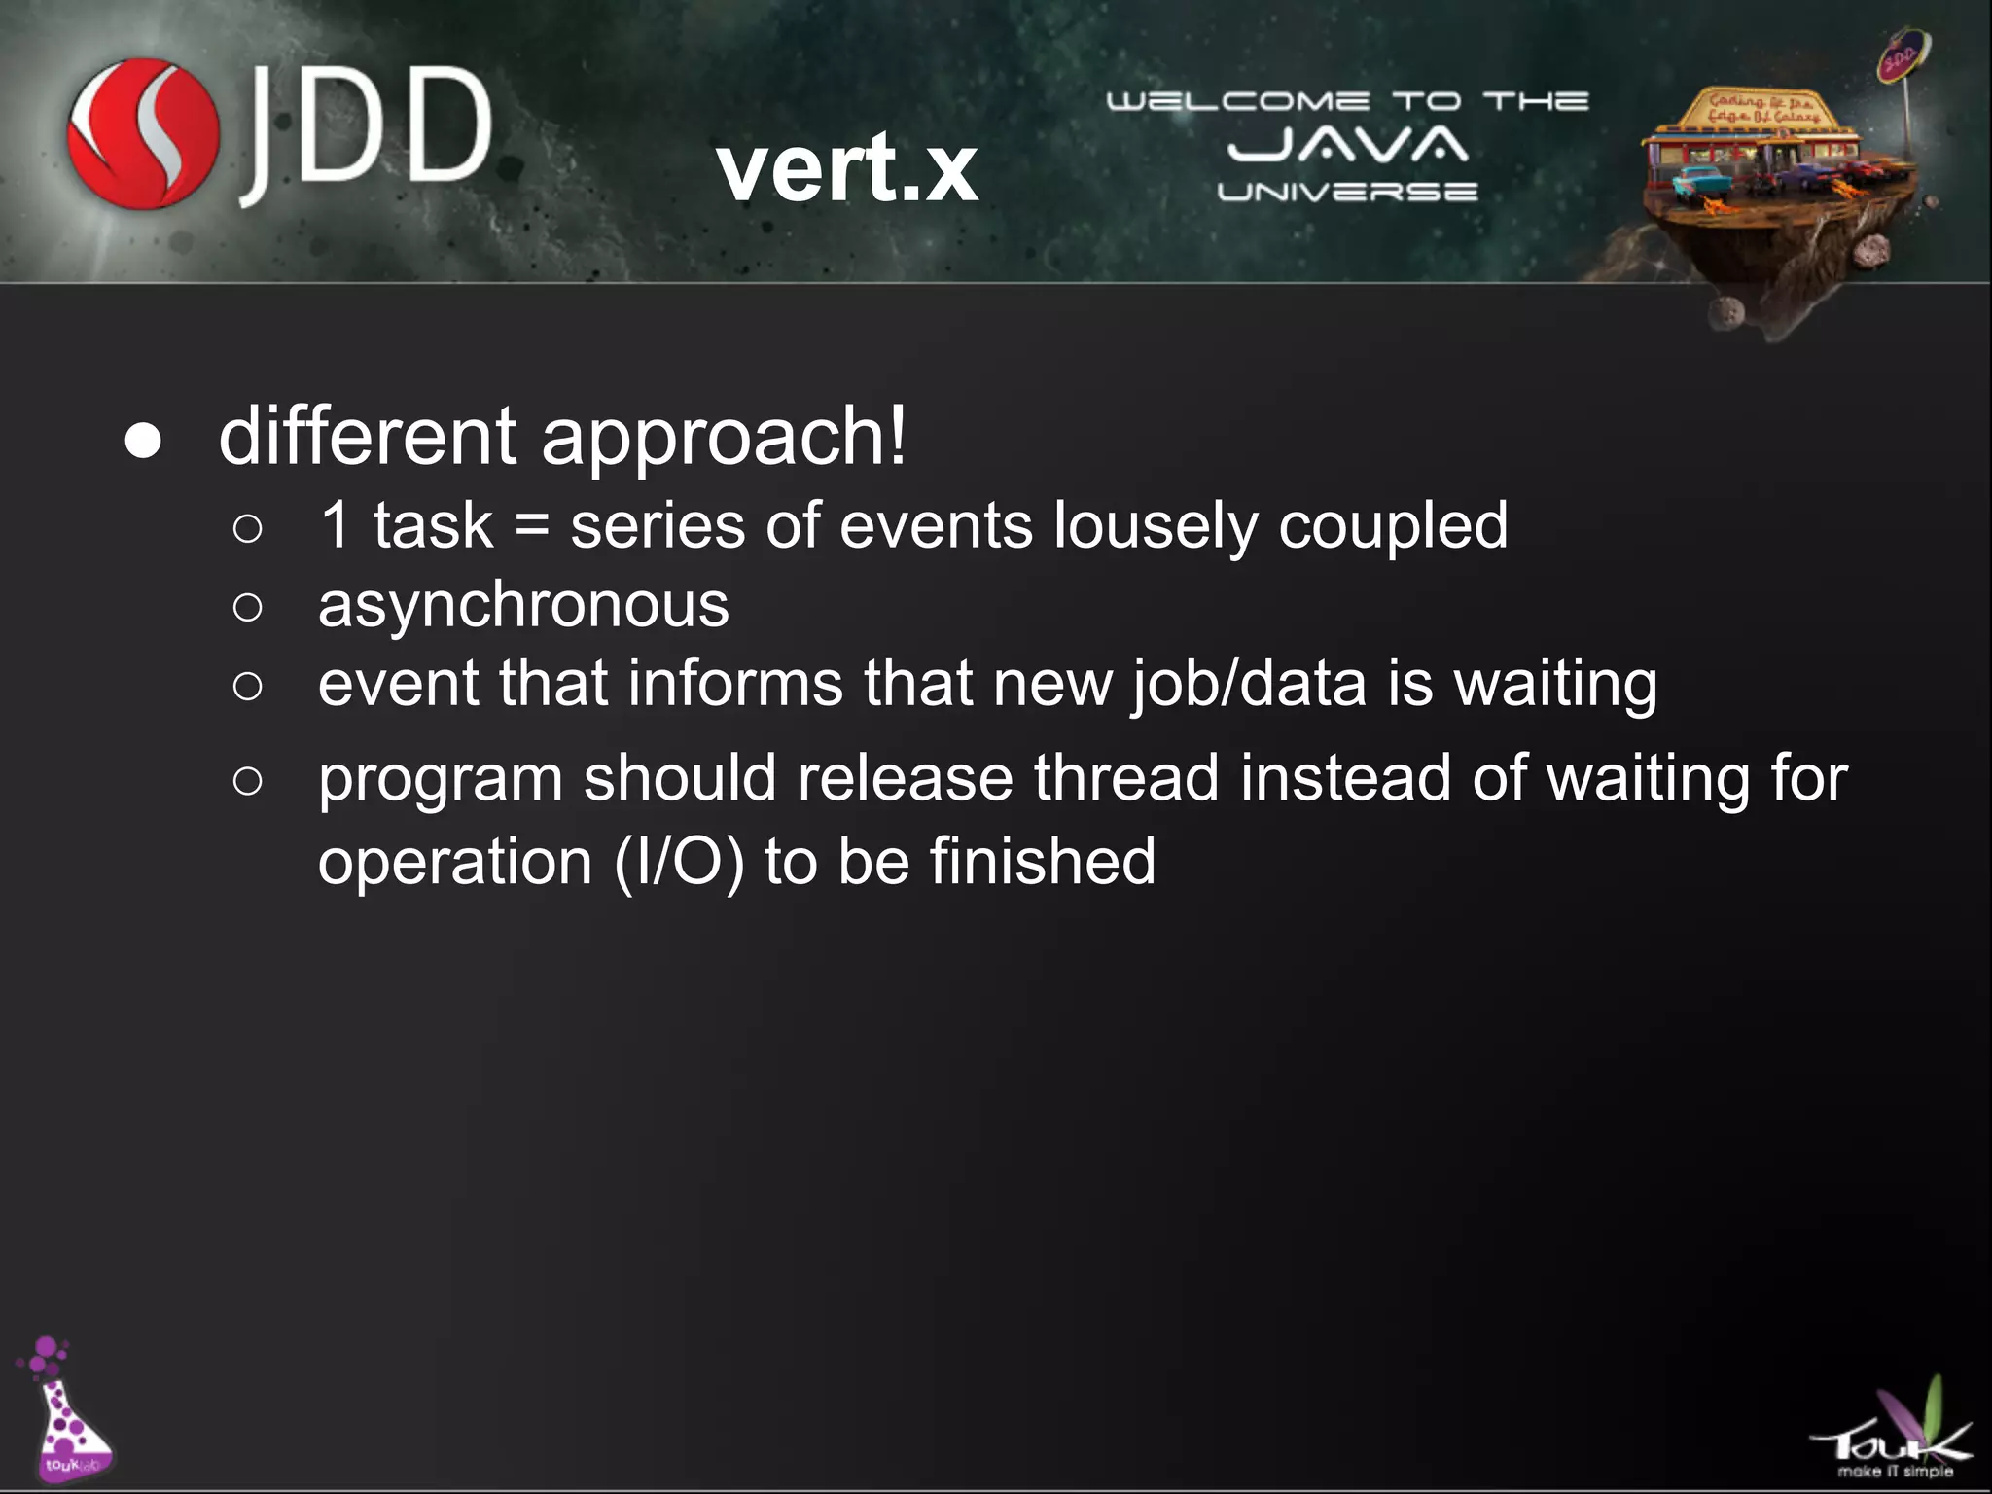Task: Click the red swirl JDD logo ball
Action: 143,133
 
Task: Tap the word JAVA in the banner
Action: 1347,146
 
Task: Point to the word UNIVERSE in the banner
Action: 1347,192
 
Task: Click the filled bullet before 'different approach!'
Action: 143,441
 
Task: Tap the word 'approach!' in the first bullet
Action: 724,438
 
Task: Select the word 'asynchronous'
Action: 523,605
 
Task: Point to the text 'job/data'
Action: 1249,684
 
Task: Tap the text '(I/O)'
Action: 679,863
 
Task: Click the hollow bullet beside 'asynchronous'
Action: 248,608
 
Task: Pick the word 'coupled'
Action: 1393,526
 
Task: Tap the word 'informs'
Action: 734,683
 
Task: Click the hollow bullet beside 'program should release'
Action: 248,781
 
